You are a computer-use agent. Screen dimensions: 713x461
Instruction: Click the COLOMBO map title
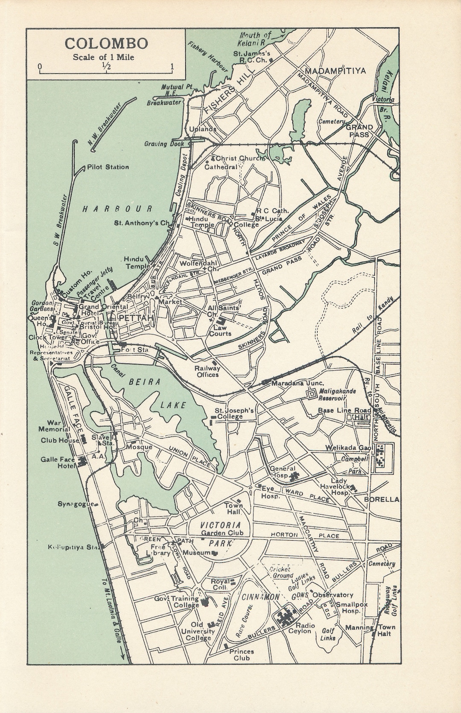pyautogui.click(x=106, y=44)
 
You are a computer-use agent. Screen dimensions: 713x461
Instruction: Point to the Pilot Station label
pyautogui.click(x=108, y=167)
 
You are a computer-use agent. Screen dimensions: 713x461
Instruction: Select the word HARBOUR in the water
pyautogui.click(x=117, y=209)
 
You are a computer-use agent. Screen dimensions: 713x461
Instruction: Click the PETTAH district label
pyautogui.click(x=133, y=319)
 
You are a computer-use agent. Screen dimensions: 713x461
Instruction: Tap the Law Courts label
pyautogui.click(x=220, y=331)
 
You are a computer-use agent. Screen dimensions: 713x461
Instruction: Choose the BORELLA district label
pyautogui.click(x=381, y=499)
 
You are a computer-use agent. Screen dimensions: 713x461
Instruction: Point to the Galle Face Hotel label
pyautogui.click(x=58, y=463)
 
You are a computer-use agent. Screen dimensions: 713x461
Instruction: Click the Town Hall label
pyautogui.click(x=234, y=508)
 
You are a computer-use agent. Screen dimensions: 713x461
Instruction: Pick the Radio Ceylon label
pyautogui.click(x=302, y=628)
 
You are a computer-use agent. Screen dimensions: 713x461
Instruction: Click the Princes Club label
pyautogui.click(x=242, y=655)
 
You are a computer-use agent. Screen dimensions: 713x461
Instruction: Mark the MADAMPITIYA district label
pyautogui.click(x=336, y=71)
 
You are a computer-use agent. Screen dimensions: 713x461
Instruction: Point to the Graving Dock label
pyautogui.click(x=163, y=144)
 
